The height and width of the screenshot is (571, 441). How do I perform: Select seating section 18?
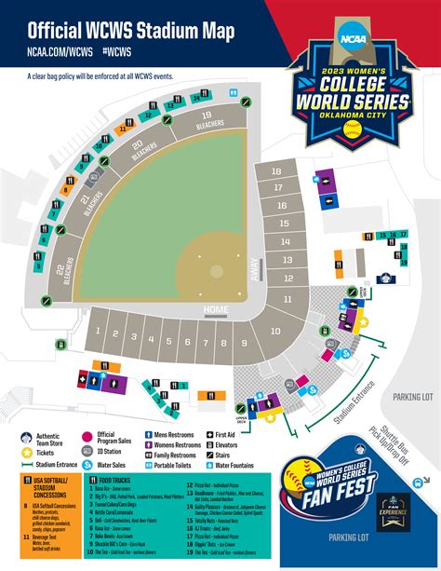coord(275,172)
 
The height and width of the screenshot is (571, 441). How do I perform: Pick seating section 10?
coord(275,331)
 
